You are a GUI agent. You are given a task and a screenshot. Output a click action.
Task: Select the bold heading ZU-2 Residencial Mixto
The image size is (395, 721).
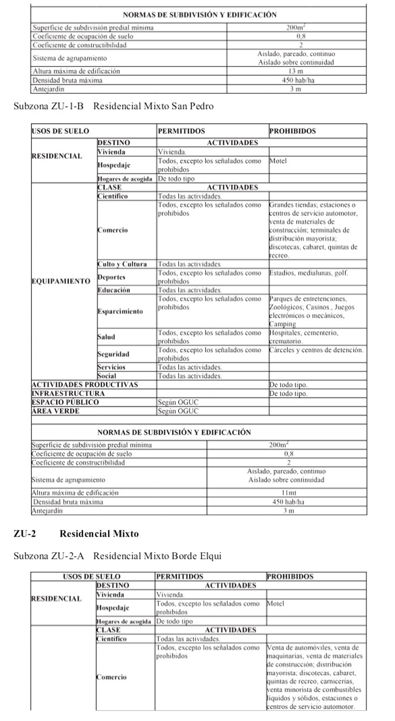click(x=76, y=533)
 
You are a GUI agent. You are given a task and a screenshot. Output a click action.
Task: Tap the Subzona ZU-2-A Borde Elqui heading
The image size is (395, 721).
click(x=118, y=556)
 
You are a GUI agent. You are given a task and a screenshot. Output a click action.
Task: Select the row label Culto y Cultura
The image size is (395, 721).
click(x=122, y=264)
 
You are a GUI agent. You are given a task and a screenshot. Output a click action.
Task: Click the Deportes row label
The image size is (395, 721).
click(x=111, y=277)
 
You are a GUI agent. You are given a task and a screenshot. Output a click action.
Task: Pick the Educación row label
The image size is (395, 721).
click(x=114, y=290)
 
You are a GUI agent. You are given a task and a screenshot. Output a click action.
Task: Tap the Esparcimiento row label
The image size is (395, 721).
click(x=120, y=312)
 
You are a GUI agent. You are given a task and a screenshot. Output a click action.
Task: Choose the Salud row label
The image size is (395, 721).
click(x=106, y=337)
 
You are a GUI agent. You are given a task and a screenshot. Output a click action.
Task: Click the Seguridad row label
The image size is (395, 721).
click(x=114, y=354)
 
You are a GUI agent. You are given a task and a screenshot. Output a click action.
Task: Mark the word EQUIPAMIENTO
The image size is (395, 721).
click(x=61, y=281)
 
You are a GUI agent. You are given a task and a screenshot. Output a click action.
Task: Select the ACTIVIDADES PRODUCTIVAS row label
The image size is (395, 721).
click(x=85, y=385)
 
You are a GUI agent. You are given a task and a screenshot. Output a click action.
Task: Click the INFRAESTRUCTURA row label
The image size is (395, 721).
click(x=68, y=393)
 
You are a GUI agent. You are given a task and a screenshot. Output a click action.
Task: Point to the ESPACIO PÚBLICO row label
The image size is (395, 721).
click(x=65, y=402)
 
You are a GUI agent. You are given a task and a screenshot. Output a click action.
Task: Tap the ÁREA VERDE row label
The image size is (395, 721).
click(x=55, y=411)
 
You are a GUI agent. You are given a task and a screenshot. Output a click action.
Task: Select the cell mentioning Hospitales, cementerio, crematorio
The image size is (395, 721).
click(x=303, y=337)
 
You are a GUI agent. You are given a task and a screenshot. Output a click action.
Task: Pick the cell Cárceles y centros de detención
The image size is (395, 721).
click(x=316, y=350)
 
